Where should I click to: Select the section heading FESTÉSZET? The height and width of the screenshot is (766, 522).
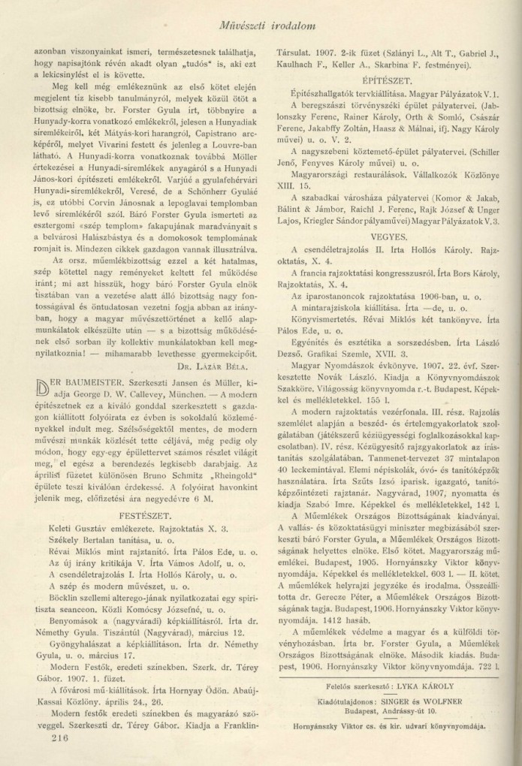coord(146,494)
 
